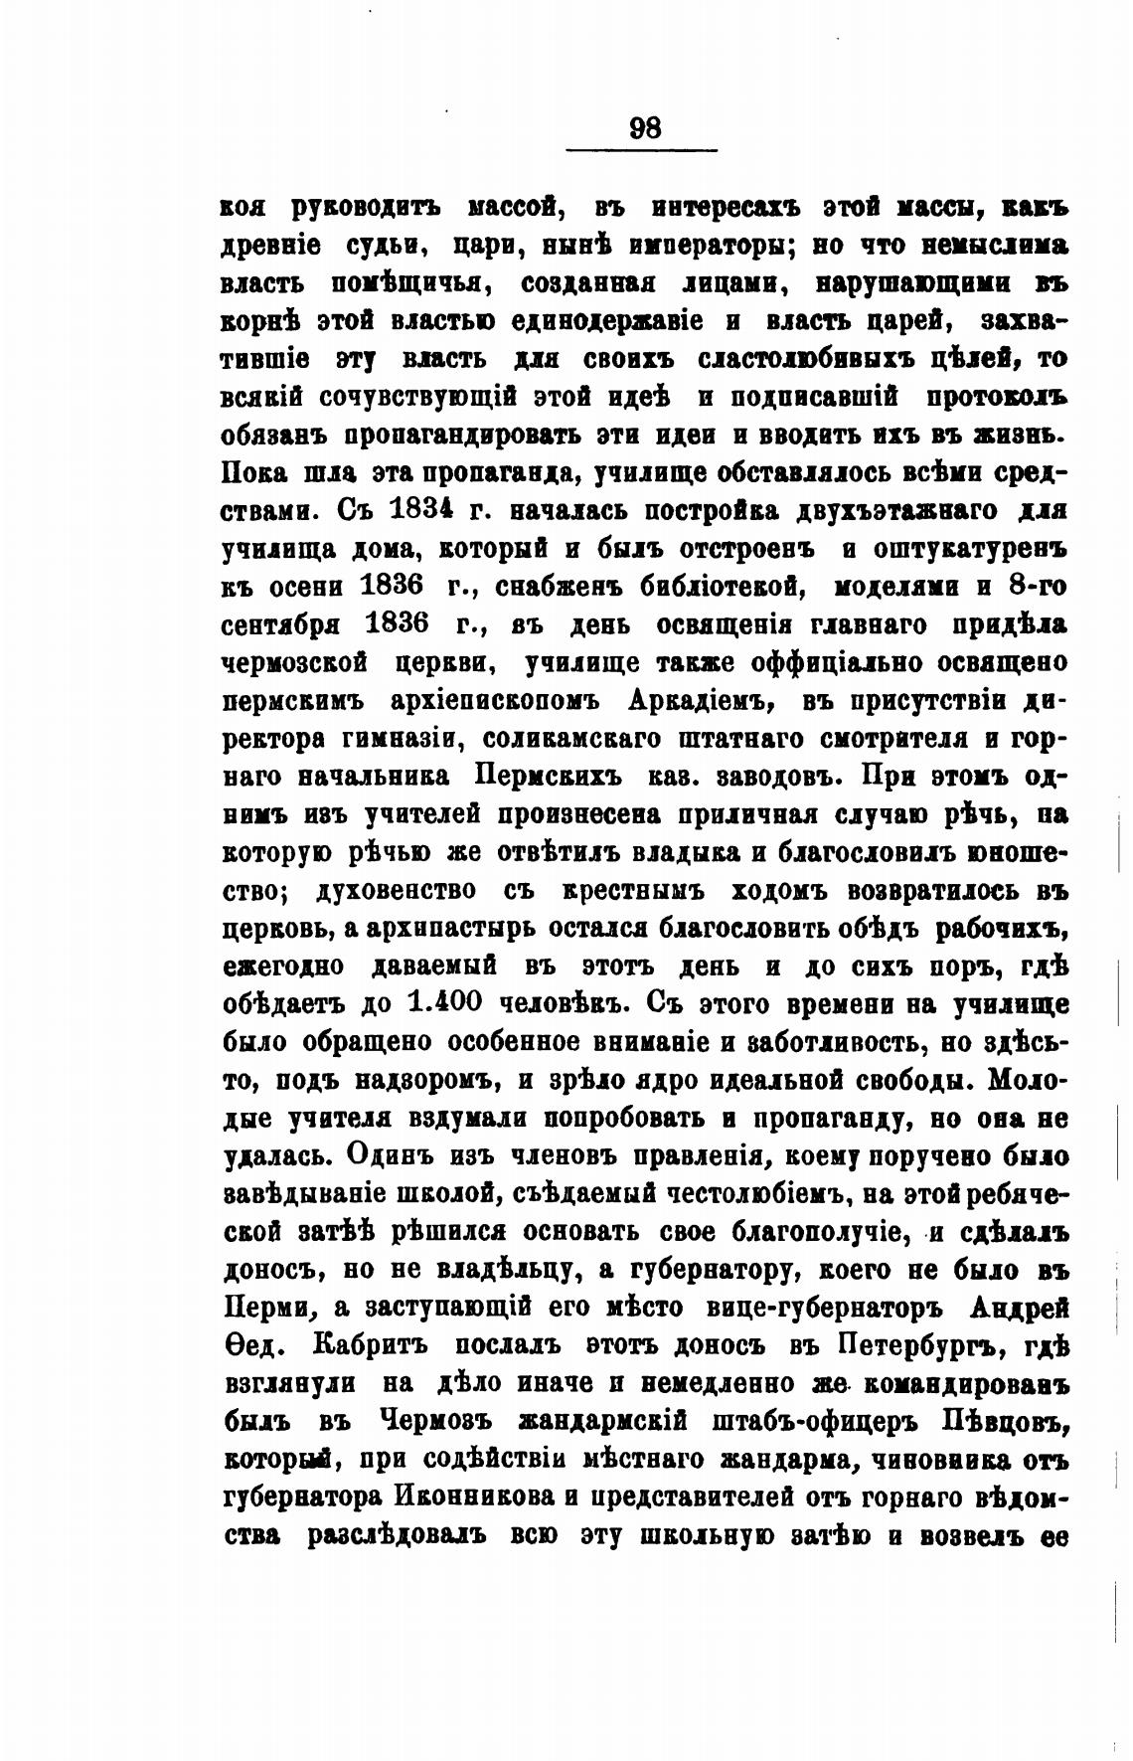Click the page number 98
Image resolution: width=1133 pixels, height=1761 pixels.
click(x=645, y=127)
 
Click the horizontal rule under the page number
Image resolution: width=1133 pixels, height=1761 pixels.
click(x=641, y=150)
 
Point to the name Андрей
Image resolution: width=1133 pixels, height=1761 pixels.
click(x=1020, y=1308)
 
